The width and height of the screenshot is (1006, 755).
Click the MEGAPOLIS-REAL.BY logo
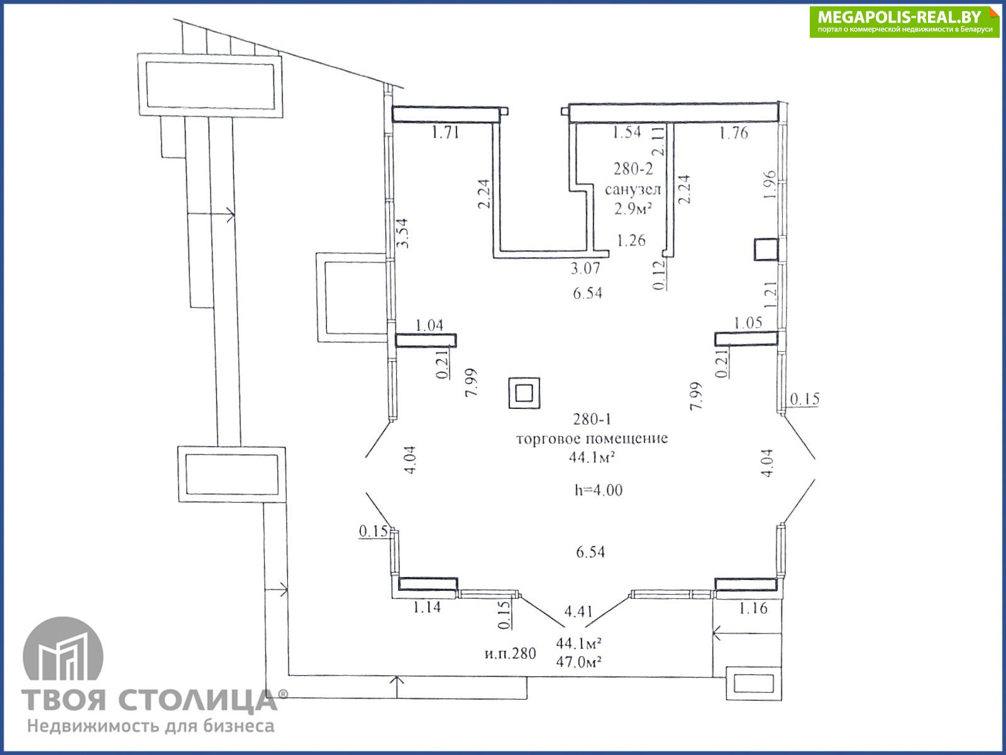pyautogui.click(x=904, y=21)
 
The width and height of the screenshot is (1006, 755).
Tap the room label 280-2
pyautogui.click(x=633, y=169)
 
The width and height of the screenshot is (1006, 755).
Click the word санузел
pyautogui.click(x=633, y=189)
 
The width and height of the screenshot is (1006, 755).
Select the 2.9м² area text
pyautogui.click(x=633, y=209)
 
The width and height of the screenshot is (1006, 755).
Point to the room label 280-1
pyautogui.click(x=592, y=419)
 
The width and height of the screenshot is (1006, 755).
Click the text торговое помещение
pyautogui.click(x=592, y=439)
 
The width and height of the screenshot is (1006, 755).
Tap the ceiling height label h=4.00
pyautogui.click(x=599, y=490)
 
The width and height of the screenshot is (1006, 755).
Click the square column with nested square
pyautogui.click(x=524, y=393)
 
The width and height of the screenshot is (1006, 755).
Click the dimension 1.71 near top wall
pyautogui.click(x=445, y=133)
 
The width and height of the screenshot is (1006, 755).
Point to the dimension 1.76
pyautogui.click(x=733, y=133)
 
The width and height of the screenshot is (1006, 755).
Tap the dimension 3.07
pyautogui.click(x=585, y=268)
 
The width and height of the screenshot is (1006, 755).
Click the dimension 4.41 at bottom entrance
pyautogui.click(x=578, y=611)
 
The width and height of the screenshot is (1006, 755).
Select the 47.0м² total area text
pyautogui.click(x=578, y=662)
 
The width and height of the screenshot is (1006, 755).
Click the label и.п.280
pyautogui.click(x=510, y=653)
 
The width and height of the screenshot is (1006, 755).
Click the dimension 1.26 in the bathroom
pyautogui.click(x=631, y=240)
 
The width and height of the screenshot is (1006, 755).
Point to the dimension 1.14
pyautogui.click(x=427, y=607)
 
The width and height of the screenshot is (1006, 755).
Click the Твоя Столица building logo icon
pyautogui.click(x=64, y=649)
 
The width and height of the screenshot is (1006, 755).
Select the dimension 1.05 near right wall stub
pyautogui.click(x=748, y=323)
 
